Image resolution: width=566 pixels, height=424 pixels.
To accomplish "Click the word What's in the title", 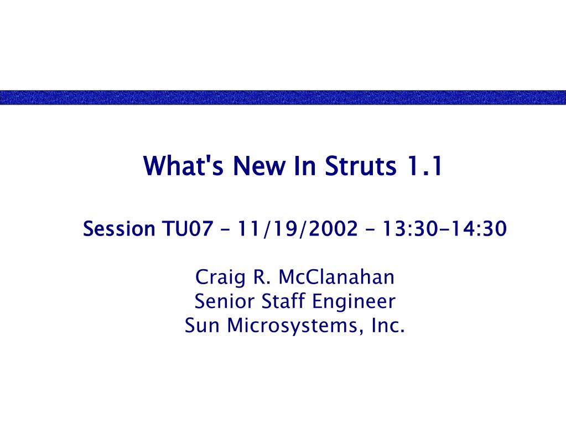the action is tap(183, 165).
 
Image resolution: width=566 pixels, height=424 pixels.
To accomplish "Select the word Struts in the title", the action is tap(360, 165).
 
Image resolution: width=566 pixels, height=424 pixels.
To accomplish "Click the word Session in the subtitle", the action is tap(119, 229).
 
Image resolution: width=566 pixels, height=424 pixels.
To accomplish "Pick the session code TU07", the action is tap(188, 229).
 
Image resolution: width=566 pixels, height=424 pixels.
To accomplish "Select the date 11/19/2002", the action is tap(298, 229).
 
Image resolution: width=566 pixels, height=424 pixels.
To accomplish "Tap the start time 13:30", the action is tap(410, 229).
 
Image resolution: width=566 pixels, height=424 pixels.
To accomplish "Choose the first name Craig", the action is tap(220, 278).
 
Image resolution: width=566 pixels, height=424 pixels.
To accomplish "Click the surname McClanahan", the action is tap(336, 277).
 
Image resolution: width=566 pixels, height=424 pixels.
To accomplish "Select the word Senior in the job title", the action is tap(224, 301).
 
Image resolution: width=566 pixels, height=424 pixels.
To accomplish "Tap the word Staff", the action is tap(283, 301).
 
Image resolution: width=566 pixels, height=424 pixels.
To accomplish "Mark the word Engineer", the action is tap(354, 302).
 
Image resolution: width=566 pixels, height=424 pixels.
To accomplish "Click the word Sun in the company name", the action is tap(202, 325).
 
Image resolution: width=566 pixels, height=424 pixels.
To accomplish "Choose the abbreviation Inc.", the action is tap(388, 325).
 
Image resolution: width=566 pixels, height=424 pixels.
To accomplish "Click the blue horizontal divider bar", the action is tap(283, 97).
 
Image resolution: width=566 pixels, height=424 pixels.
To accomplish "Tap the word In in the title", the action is tap(305, 165).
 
